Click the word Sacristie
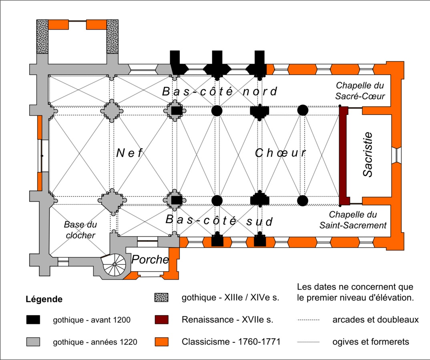coord(368,154)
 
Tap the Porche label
coord(150,260)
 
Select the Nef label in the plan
coord(130,153)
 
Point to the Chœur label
coord(280,153)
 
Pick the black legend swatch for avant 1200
coord(33,320)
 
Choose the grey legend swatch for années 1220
coord(33,342)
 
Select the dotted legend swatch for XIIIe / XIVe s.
coord(161,298)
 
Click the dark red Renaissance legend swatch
coord(161,320)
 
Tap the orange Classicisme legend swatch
coord(161,342)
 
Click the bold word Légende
coord(44,299)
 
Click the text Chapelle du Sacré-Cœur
coord(360,90)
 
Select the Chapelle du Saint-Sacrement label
coord(353,220)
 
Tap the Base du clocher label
coord(80,230)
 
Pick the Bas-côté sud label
coord(219,220)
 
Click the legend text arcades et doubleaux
coord(376,320)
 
